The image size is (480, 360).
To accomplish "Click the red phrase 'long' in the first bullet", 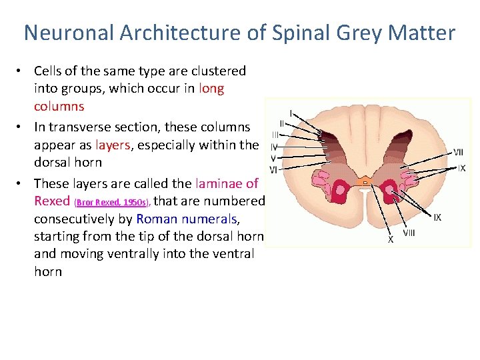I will pyautogui.click(x=211, y=89).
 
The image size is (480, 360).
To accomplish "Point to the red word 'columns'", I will pyautogui.click(x=59, y=107).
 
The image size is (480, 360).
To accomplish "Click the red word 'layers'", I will pyautogui.click(x=117, y=145).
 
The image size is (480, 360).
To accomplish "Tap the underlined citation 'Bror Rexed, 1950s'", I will pyautogui.click(x=113, y=202).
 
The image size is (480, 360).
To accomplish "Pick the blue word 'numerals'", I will pyautogui.click(x=209, y=219).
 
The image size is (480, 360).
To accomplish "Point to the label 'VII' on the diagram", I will pyautogui.click(x=458, y=152).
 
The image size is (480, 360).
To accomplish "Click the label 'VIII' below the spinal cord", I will pyautogui.click(x=409, y=233).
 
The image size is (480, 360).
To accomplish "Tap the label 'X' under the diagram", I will pyautogui.click(x=391, y=239).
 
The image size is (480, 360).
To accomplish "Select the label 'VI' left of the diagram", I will pyautogui.click(x=273, y=171).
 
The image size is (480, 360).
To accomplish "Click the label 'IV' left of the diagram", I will pyautogui.click(x=274, y=147).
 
